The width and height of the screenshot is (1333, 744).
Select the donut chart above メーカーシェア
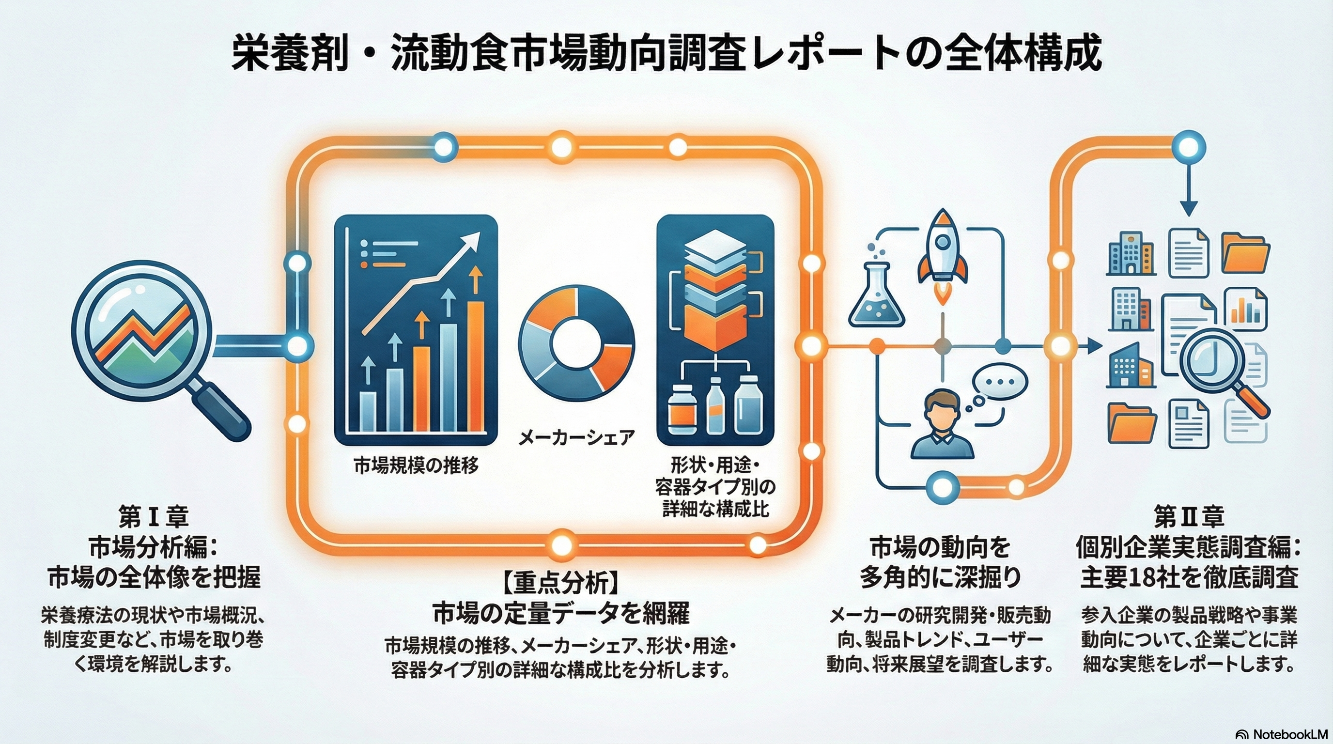pyautogui.click(x=576, y=343)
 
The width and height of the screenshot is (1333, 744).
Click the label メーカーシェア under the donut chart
pyautogui.click(x=576, y=438)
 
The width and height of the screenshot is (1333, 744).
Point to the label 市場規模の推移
pyautogui.click(x=416, y=466)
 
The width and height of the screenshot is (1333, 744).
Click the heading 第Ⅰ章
pyautogui.click(x=153, y=516)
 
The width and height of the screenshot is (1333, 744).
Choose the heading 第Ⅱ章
pyautogui.click(x=1189, y=516)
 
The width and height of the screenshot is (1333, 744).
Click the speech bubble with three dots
pyautogui.click(x=999, y=382)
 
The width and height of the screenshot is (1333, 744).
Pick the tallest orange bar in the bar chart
pyautogui.click(x=476, y=366)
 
